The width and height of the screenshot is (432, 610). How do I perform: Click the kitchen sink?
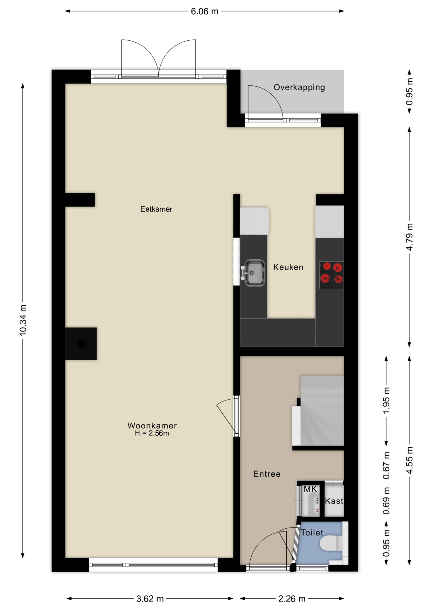click(x=254, y=273)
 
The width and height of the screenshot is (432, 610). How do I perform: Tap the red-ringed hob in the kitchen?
click(x=331, y=275)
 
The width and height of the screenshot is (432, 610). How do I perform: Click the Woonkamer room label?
click(x=152, y=425)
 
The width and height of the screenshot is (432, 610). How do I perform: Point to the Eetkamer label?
click(x=156, y=209)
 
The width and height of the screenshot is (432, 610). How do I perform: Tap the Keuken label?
click(x=288, y=267)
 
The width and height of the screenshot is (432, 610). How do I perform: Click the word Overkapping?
click(x=299, y=87)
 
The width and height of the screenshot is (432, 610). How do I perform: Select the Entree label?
click(x=267, y=474)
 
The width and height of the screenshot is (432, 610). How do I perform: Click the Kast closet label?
click(x=334, y=501)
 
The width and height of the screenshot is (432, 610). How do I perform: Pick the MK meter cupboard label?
click(x=310, y=489)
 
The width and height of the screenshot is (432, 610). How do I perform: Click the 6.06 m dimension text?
click(x=205, y=11)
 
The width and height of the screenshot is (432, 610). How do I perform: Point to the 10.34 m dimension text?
click(x=23, y=320)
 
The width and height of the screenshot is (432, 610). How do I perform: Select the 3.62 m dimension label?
click(x=150, y=599)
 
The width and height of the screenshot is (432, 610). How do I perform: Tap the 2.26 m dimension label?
click(x=292, y=599)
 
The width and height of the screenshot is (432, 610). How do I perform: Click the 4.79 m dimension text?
click(x=410, y=237)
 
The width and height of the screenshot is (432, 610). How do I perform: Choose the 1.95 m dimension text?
click(x=386, y=401)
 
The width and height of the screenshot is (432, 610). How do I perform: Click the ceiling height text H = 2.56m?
click(x=152, y=433)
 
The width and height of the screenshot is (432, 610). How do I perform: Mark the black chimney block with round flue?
click(x=81, y=344)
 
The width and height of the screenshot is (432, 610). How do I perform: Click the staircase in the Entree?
click(x=321, y=411)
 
